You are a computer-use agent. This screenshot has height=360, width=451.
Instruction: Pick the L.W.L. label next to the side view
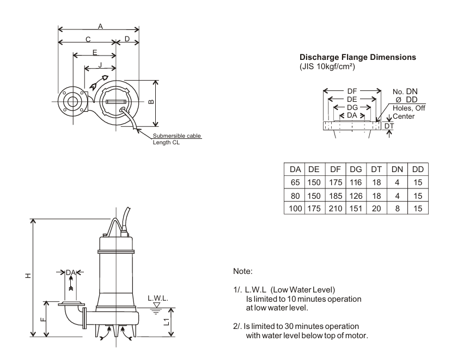pyautogui.click(x=158, y=299)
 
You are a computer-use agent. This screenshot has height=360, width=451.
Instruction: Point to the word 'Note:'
pyautogui.click(x=243, y=269)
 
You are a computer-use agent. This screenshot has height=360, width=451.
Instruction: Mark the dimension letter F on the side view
pyautogui.click(x=42, y=319)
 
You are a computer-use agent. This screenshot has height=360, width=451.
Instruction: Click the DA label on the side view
pyautogui.click(x=69, y=272)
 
